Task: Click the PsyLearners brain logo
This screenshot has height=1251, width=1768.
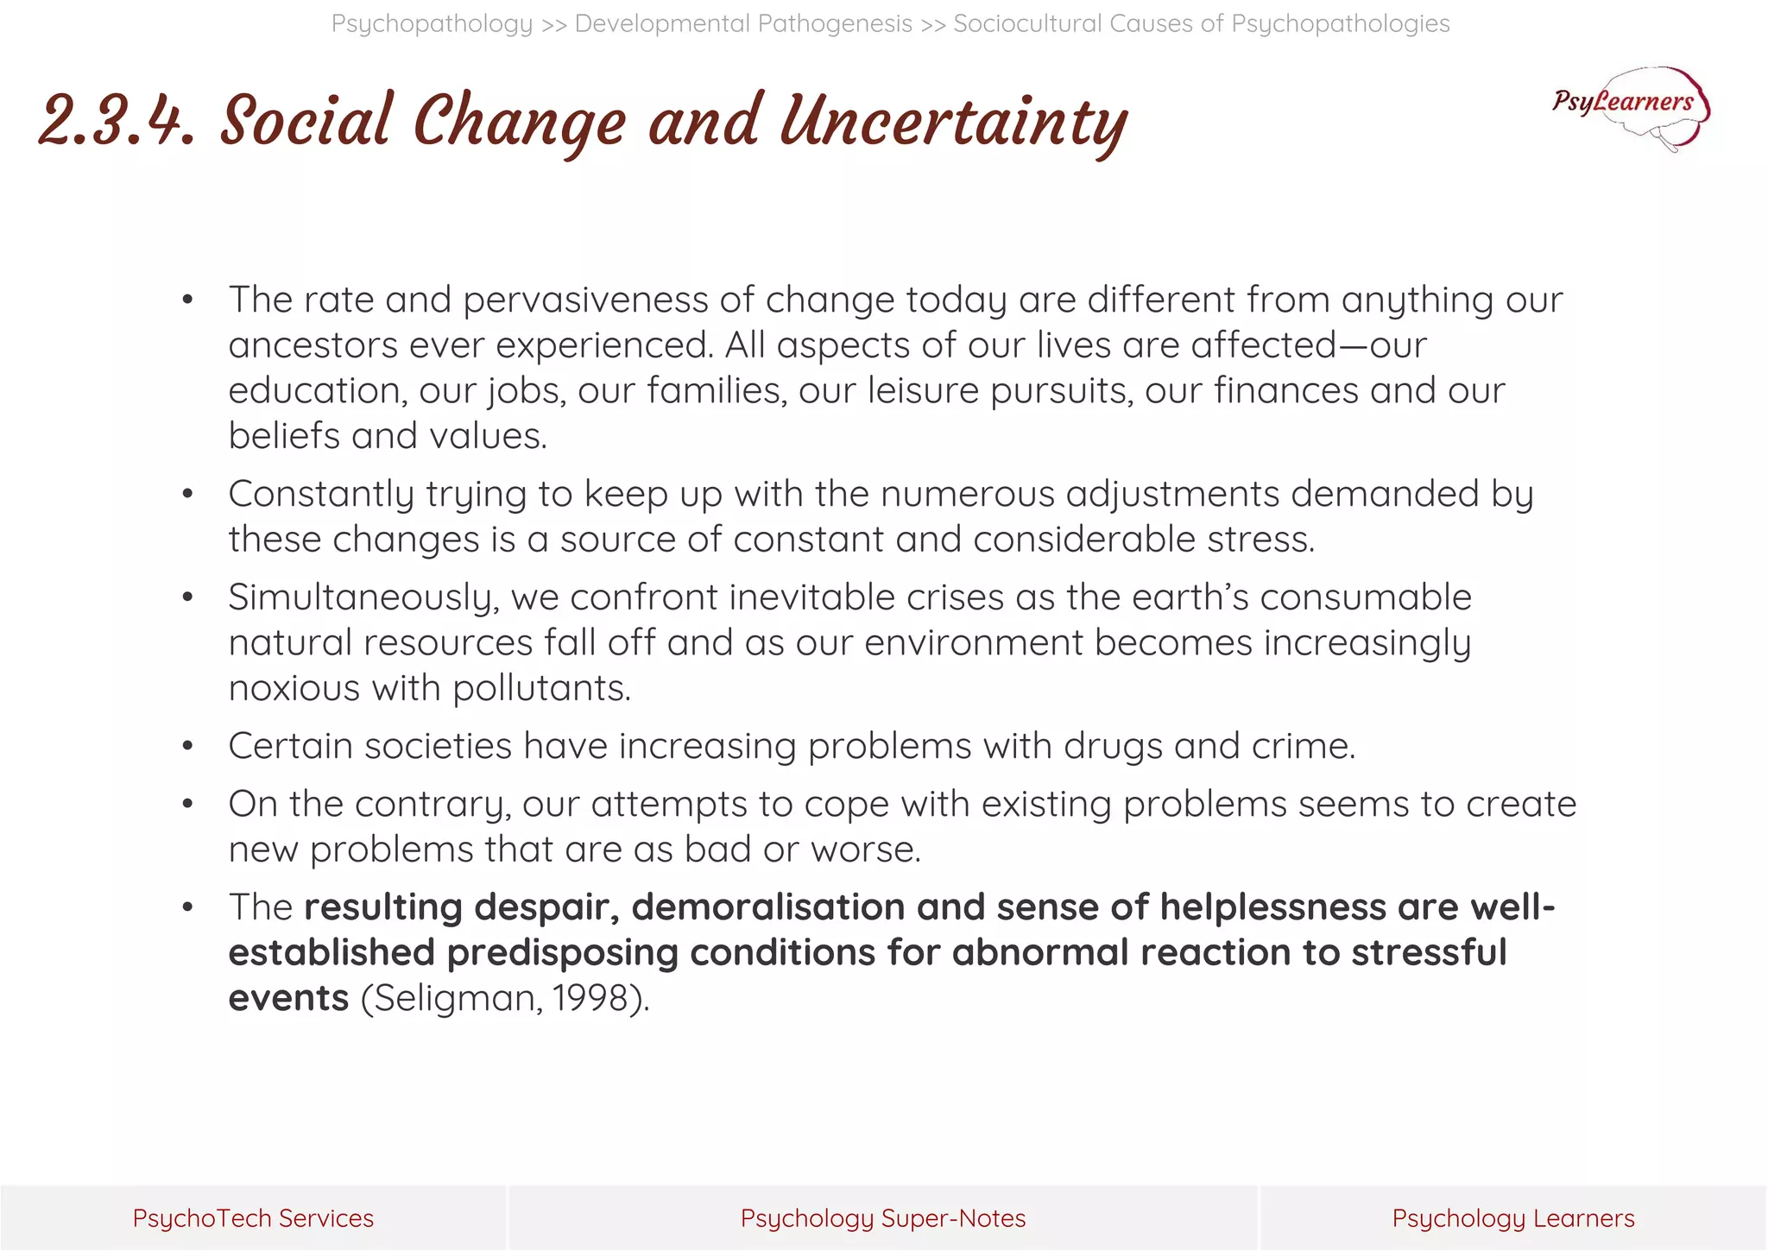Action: click(x=1631, y=108)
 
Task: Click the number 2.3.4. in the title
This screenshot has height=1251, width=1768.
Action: click(x=117, y=122)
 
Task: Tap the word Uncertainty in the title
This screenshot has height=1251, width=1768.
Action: click(x=953, y=122)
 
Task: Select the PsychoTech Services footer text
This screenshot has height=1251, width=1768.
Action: click(x=253, y=1218)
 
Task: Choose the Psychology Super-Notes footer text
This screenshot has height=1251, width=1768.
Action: click(x=883, y=1218)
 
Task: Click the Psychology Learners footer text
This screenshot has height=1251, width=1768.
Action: click(x=1512, y=1218)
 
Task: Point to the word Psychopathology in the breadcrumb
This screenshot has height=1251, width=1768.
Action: click(x=432, y=23)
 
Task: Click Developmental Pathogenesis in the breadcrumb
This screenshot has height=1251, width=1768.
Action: click(x=743, y=23)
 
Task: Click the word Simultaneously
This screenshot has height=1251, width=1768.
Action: click(x=363, y=597)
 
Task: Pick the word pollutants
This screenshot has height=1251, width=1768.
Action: click(x=541, y=688)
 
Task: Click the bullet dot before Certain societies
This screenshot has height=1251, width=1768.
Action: click(x=187, y=746)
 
